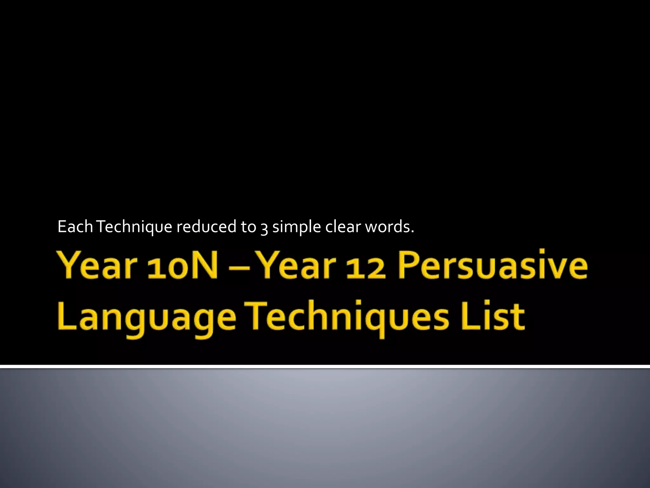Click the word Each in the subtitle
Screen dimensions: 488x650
[75, 227]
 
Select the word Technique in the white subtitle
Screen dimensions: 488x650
[134, 227]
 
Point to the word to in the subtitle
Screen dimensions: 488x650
[249, 227]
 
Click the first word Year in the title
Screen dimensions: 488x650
[98, 266]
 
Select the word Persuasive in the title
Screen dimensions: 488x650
[492, 266]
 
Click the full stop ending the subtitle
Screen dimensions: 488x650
[412, 232]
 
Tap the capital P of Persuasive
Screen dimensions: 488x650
[409, 266]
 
